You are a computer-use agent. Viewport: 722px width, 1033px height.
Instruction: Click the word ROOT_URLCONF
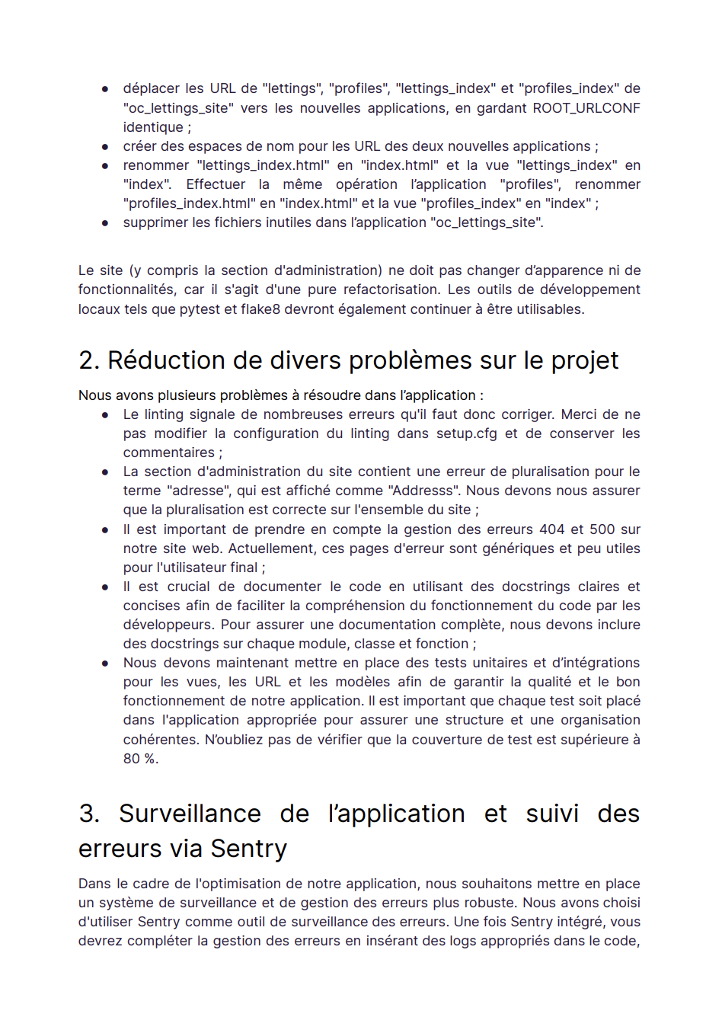coord(586,108)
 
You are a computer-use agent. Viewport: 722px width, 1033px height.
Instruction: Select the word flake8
coord(260,309)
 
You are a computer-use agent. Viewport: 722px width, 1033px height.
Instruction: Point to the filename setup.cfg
coord(466,433)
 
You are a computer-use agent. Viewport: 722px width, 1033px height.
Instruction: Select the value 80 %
coord(140,759)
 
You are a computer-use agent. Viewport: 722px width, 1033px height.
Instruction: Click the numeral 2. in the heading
coord(89,360)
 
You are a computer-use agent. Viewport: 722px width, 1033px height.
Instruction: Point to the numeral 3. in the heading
coord(89,814)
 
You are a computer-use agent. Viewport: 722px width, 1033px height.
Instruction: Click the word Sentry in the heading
coord(249,849)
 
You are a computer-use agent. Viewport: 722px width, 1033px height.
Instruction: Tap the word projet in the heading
coord(585,360)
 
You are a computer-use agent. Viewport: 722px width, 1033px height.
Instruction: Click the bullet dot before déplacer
coord(105,89)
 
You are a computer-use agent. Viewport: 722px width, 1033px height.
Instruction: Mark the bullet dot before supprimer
coord(105,223)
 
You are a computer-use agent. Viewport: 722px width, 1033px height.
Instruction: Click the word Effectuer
coord(216,184)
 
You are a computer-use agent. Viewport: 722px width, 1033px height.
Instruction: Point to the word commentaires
coord(169,453)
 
